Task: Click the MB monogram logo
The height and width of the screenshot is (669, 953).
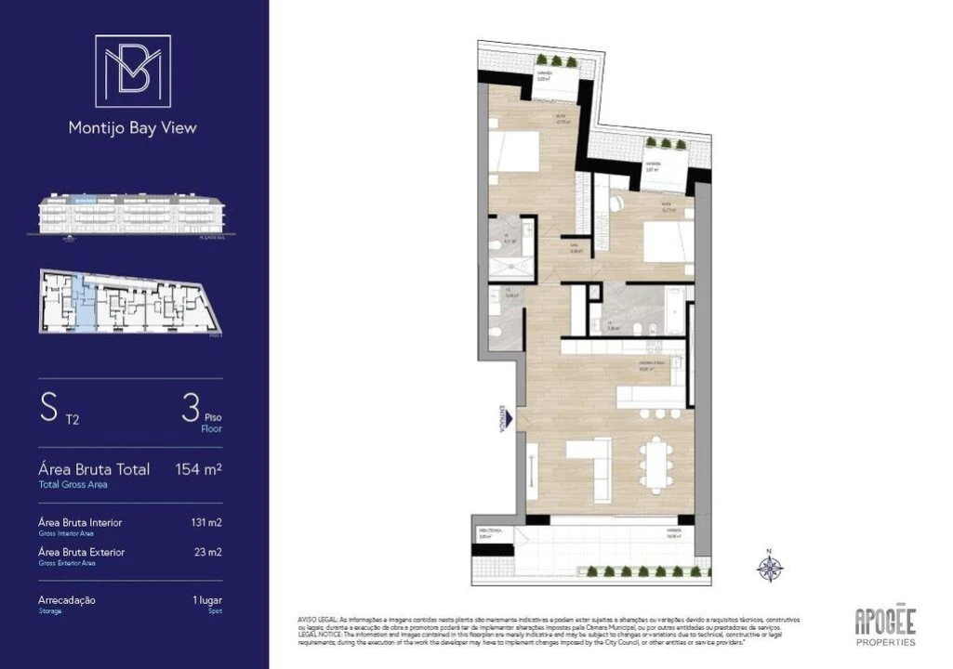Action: tap(133, 71)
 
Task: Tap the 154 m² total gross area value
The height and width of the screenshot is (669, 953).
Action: tap(198, 469)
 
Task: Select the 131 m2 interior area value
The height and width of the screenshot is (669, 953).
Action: tap(205, 522)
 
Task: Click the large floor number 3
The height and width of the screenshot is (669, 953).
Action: tap(192, 409)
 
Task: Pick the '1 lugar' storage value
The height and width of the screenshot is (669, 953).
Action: tap(206, 600)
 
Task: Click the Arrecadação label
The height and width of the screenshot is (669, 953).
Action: tap(66, 600)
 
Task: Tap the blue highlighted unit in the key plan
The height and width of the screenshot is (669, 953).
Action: tap(84, 303)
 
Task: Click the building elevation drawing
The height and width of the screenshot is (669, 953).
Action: tap(131, 215)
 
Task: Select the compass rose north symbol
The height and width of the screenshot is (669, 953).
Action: tap(770, 566)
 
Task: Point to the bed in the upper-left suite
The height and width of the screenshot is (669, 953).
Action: tap(513, 151)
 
